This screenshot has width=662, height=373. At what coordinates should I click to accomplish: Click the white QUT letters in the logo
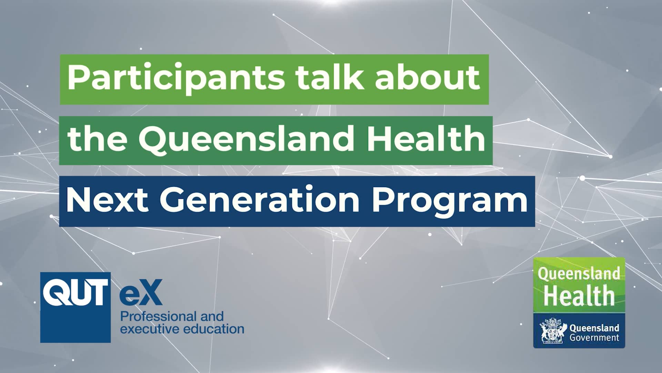(x=75, y=293)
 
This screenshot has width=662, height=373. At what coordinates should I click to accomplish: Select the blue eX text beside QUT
(x=141, y=293)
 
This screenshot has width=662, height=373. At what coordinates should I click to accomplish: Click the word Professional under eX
(x=158, y=316)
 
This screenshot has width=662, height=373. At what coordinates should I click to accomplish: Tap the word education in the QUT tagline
(x=213, y=329)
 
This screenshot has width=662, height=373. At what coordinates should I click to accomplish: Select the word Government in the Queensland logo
(x=594, y=337)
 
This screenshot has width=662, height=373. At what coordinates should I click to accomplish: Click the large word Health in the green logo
(x=579, y=296)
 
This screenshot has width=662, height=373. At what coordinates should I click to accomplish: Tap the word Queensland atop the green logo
(x=579, y=274)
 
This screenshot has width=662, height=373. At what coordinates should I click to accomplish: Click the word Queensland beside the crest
(x=594, y=328)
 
